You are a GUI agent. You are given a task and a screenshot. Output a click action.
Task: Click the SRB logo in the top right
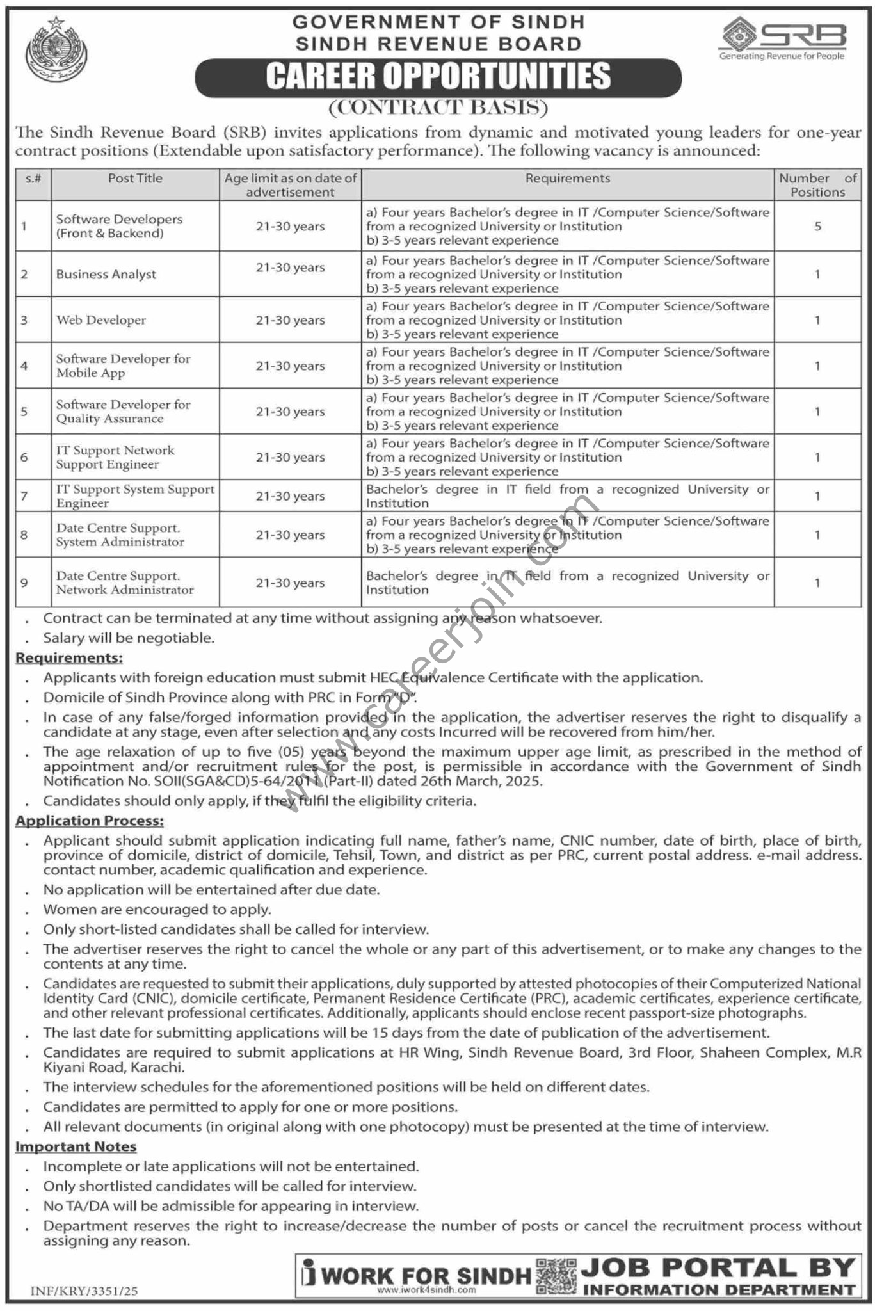pos(782,40)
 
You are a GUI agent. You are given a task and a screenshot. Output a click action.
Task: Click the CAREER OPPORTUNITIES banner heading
pos(438,76)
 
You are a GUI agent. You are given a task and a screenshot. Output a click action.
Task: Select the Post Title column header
pos(135,179)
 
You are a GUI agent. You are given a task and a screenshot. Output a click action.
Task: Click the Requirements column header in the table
pos(567,179)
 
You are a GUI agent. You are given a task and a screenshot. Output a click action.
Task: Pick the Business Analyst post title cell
pos(106,275)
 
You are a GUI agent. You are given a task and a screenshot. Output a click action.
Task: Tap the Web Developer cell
pos(101,320)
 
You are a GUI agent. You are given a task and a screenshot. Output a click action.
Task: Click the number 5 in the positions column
pos(817,227)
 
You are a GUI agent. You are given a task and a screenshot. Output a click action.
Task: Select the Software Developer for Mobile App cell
pos(123,366)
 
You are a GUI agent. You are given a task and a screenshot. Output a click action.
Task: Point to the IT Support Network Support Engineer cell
pos(115,457)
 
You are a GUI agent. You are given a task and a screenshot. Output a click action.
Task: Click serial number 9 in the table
pos(24,583)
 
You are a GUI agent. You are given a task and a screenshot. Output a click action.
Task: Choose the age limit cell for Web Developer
pos(290,320)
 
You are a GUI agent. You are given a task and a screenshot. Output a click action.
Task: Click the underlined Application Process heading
pos(90,821)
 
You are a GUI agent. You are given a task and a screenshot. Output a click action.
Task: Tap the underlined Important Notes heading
pos(76,1146)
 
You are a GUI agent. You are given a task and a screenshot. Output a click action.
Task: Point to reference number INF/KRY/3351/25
pos(84,1292)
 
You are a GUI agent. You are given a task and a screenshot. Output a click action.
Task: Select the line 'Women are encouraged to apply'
pos(157,909)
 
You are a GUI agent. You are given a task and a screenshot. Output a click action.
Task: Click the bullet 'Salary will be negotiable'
pos(129,638)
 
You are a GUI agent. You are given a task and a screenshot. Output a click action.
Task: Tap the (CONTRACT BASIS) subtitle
pos(438,108)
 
